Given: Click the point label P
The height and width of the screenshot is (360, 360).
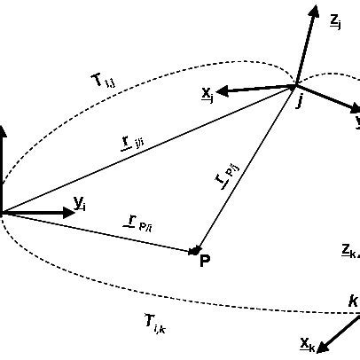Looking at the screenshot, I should point(205,261).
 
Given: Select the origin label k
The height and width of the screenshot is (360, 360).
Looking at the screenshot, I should point(352,302).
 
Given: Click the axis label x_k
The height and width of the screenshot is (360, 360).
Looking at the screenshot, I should point(306,342).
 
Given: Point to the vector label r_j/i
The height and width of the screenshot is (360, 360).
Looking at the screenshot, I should point(133,142).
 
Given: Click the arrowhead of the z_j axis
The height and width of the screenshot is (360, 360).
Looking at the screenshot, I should point(313,12).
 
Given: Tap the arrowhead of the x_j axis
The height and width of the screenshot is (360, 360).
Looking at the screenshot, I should point(223,90).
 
